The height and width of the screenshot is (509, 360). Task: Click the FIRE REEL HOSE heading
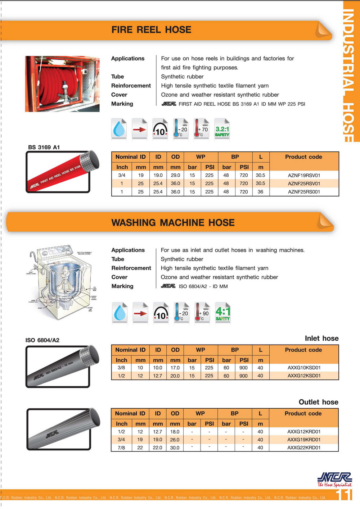coord(151,30)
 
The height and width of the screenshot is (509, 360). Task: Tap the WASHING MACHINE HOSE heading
coord(173,223)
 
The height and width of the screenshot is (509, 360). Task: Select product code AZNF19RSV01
coord(304,176)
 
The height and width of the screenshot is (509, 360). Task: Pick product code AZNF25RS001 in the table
coord(304,192)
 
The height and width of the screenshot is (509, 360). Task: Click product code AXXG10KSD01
coord(304,368)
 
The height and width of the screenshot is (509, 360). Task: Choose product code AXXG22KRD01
coord(303,447)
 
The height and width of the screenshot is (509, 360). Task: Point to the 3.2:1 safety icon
coord(222,129)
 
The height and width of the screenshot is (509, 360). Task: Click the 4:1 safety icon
coord(223,313)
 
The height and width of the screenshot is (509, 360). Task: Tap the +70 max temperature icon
coord(202,128)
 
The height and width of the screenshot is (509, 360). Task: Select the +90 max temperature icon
coord(202,312)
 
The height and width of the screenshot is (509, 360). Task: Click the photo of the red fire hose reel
coord(62,84)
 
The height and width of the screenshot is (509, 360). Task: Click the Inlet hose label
coord(321,338)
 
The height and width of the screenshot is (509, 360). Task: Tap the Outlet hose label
coord(318,402)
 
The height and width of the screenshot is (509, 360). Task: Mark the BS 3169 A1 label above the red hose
coord(44,147)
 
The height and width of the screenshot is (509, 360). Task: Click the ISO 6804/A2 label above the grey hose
coord(42,340)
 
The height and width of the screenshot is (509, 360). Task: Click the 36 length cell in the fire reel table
coord(260,192)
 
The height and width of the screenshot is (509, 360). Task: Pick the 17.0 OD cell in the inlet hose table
coord(175,368)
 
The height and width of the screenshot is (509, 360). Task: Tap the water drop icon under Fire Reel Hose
coord(119,129)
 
